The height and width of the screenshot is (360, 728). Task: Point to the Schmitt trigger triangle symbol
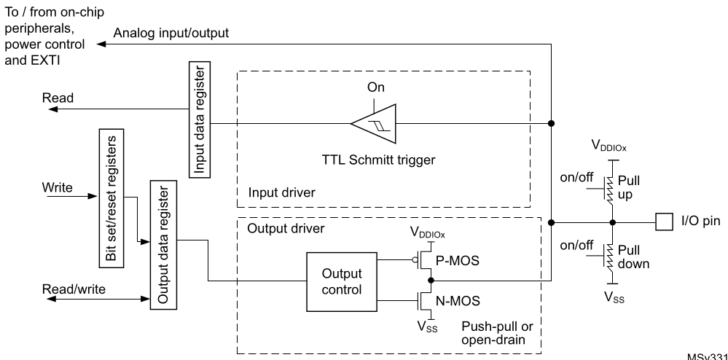375,123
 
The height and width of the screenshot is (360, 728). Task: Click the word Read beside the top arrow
57,98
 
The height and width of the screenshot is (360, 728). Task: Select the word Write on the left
58,187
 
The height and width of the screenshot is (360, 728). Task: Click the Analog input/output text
172,32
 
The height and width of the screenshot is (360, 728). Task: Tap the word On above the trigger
376,87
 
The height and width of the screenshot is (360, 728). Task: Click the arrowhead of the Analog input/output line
103,44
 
